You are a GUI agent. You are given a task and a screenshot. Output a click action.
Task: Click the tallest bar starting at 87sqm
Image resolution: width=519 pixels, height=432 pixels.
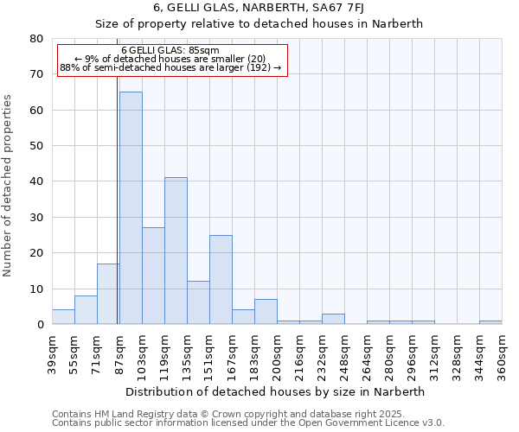(x=131, y=207)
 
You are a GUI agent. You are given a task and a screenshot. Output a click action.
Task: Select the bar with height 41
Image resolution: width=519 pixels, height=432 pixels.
(x=176, y=251)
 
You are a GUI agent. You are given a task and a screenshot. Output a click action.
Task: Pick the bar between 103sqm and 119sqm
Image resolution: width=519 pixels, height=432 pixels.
(x=153, y=276)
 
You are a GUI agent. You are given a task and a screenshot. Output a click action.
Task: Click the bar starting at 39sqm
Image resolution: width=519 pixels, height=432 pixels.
(x=63, y=317)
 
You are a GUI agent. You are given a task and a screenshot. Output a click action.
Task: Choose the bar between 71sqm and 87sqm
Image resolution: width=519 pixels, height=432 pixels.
(x=108, y=294)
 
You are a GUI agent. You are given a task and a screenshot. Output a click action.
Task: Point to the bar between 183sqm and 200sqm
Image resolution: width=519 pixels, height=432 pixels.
(x=266, y=312)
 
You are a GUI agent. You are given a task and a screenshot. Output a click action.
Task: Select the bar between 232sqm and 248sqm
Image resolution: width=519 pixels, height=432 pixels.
(x=333, y=319)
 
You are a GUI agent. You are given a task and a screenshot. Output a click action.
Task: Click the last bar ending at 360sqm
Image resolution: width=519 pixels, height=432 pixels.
(x=490, y=322)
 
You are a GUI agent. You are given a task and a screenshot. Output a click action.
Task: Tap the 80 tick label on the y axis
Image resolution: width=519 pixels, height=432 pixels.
(x=35, y=39)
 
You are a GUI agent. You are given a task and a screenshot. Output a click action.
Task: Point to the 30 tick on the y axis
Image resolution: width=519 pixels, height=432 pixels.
(x=35, y=218)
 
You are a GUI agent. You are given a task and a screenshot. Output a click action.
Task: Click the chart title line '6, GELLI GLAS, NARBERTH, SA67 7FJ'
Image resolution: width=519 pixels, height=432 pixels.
(x=259, y=7)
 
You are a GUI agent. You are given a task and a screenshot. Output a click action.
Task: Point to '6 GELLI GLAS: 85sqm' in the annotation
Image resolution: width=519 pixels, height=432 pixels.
(x=170, y=51)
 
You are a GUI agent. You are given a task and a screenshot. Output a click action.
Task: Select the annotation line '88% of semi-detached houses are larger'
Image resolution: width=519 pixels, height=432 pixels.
(x=170, y=67)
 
